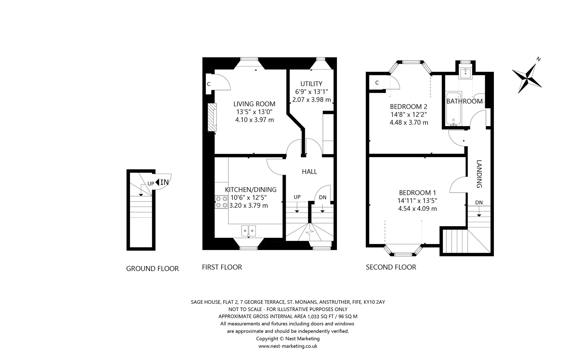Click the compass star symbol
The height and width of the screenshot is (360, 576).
pyautogui.click(x=527, y=78)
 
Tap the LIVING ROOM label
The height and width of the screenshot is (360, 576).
pyautogui.click(x=254, y=104)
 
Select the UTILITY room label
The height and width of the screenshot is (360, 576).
pyautogui.click(x=311, y=84)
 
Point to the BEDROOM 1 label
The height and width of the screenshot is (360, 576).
pyautogui.click(x=417, y=193)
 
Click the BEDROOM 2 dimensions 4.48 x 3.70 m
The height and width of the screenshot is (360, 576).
pyautogui.click(x=409, y=122)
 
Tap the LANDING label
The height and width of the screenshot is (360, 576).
pyautogui.click(x=479, y=174)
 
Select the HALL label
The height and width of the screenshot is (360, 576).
pyautogui.click(x=309, y=172)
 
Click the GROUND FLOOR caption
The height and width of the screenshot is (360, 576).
pyautogui.click(x=152, y=269)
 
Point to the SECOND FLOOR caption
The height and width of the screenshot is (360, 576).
pyautogui.click(x=391, y=267)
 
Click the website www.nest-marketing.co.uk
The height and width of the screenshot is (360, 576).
pyautogui.click(x=288, y=346)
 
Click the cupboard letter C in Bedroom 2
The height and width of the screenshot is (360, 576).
pyautogui.click(x=377, y=82)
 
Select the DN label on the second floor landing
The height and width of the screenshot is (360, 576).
pyautogui.click(x=479, y=203)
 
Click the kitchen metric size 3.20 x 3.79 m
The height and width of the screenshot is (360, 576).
pyautogui.click(x=249, y=205)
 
